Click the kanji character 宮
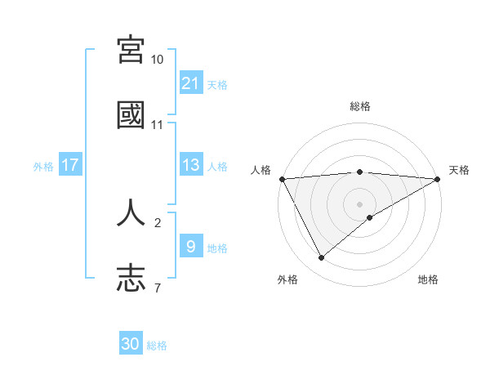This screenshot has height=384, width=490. (x=131, y=50)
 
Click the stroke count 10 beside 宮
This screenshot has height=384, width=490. (x=158, y=60)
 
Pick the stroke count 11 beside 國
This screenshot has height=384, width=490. (x=158, y=125)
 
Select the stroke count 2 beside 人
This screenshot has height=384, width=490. (x=158, y=222)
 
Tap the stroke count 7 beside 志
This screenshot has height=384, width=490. (x=157, y=288)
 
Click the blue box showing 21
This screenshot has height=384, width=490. (x=190, y=83)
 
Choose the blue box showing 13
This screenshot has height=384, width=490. (x=190, y=165)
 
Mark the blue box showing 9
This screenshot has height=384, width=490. (x=190, y=246)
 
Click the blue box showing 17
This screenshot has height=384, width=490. (x=70, y=165)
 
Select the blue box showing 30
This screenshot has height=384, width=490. (x=131, y=344)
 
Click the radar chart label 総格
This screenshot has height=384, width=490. (x=360, y=107)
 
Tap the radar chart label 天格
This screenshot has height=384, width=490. (x=460, y=170)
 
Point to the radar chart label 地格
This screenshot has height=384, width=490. (x=428, y=279)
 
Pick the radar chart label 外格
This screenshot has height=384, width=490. (x=287, y=279)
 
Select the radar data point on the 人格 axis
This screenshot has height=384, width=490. (x=282, y=178)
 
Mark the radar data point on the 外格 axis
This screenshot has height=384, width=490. (x=321, y=258)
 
